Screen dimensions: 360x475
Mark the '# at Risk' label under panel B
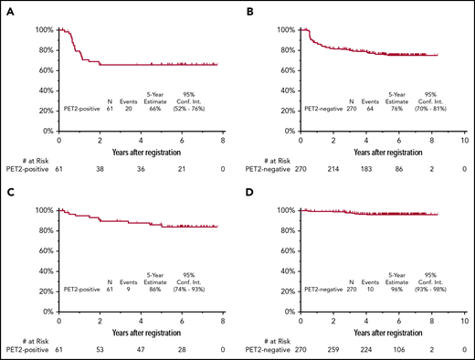(261, 158)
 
